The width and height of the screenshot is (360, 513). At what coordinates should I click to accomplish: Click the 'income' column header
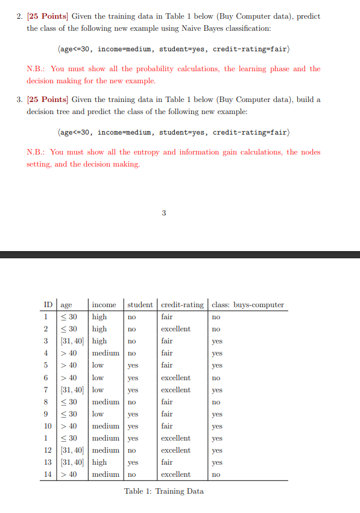point(104,305)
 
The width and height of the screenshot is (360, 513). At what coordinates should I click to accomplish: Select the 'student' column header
point(140,305)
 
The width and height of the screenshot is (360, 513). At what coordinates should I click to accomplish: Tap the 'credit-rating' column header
point(182,305)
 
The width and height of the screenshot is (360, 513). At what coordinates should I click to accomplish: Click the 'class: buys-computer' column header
point(247,305)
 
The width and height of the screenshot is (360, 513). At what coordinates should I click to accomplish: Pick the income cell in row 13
point(99,462)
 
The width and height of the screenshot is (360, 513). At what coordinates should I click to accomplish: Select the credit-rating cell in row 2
point(175,329)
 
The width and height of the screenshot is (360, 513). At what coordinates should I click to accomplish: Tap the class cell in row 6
point(216,378)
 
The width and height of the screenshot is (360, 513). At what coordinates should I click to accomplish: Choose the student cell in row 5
point(133,365)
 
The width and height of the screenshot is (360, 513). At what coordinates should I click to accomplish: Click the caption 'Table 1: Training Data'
point(164,491)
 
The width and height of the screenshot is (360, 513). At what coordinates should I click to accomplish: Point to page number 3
point(164,212)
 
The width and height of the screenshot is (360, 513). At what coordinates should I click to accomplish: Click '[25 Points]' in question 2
point(48,16)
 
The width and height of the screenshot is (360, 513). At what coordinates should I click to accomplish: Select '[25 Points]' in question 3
point(48,100)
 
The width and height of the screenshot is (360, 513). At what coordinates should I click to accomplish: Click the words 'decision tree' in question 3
point(50,112)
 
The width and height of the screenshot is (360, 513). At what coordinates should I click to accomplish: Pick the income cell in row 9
point(98,414)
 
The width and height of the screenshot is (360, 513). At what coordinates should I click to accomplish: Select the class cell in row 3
point(217,341)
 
